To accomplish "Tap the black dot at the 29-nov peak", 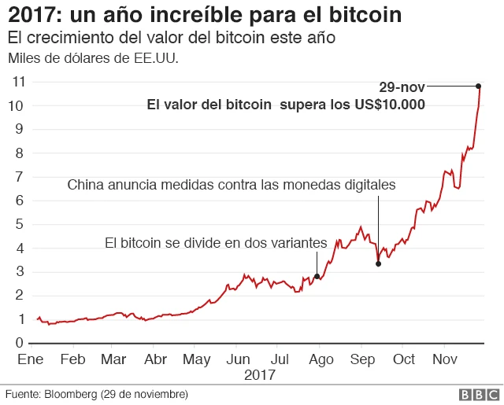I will click(x=478, y=86).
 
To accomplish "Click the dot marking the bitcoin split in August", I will click(x=317, y=276).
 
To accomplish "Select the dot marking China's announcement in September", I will click(x=379, y=263).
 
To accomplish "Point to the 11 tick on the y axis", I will click(x=18, y=82).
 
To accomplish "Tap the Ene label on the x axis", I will click(x=29, y=359).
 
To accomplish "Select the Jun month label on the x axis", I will click(x=238, y=359).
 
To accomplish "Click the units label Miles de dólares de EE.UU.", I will click(x=92, y=58).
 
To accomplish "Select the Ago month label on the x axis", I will click(x=320, y=359).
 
